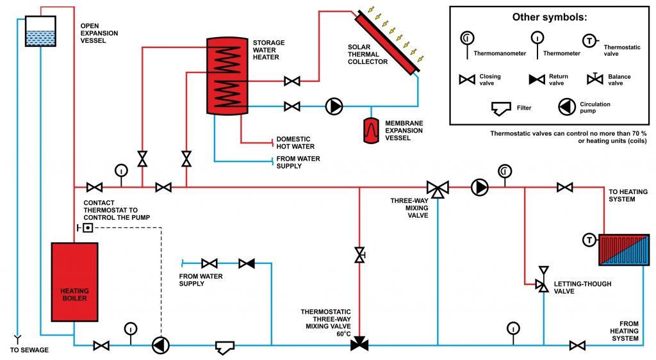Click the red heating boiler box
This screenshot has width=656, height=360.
pos(74,282)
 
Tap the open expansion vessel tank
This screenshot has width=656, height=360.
pos(40,31)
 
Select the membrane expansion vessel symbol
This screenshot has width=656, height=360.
pos(371,131)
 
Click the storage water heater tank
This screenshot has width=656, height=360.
pos(227,76)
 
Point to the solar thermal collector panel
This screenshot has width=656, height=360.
pos(388,43)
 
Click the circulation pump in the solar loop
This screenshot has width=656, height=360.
pos(334,106)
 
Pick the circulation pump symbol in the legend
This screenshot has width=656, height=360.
pos(567,107)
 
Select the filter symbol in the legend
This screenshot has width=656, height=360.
pos(501,108)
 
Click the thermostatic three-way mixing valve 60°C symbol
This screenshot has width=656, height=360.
pos(359,343)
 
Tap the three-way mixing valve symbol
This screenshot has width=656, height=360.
pos(438,188)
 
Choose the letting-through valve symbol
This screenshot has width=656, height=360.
pos(543,279)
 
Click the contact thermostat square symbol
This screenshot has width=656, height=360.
pos(87,228)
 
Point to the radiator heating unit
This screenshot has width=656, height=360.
pos(624,250)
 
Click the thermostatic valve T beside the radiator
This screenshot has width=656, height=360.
pos(589,240)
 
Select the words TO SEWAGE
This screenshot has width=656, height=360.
pos(29,350)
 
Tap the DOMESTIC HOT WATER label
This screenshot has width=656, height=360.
pos(295,143)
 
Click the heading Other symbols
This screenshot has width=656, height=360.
pos(550,17)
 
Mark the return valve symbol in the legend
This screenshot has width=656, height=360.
pos(537,79)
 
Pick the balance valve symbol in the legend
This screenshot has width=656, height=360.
pos(594,79)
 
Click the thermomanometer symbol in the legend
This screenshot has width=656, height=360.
pos(467,45)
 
